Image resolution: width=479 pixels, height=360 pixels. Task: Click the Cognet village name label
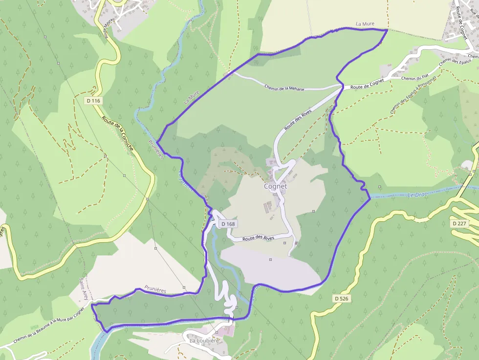click(276, 186)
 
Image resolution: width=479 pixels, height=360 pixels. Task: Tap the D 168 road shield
click(228, 224)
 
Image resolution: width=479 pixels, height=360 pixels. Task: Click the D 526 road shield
click(343, 298)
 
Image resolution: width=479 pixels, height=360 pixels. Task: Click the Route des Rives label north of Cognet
click(298, 119)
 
